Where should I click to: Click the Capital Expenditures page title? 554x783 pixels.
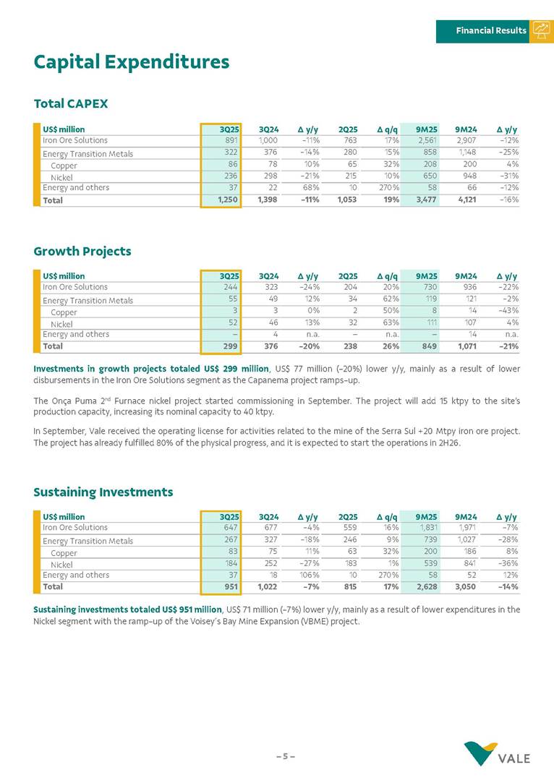131,62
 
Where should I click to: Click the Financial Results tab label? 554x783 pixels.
491,30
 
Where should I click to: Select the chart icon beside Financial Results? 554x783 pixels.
541,30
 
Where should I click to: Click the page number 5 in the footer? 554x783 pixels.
285,756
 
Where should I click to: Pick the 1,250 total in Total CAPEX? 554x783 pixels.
228,200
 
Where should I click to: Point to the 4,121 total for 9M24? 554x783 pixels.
464,200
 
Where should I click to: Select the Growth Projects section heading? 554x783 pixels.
82,252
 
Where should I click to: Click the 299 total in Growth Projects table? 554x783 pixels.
230,346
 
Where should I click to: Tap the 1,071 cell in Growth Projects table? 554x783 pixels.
464,346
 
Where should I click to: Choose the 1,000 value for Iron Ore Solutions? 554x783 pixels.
268,140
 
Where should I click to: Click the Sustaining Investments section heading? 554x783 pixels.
103,492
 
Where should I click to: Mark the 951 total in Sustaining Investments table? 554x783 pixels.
230,587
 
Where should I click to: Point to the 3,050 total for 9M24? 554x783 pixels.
464,587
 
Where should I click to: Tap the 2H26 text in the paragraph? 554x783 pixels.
446,443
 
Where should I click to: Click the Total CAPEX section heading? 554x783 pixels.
70,104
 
